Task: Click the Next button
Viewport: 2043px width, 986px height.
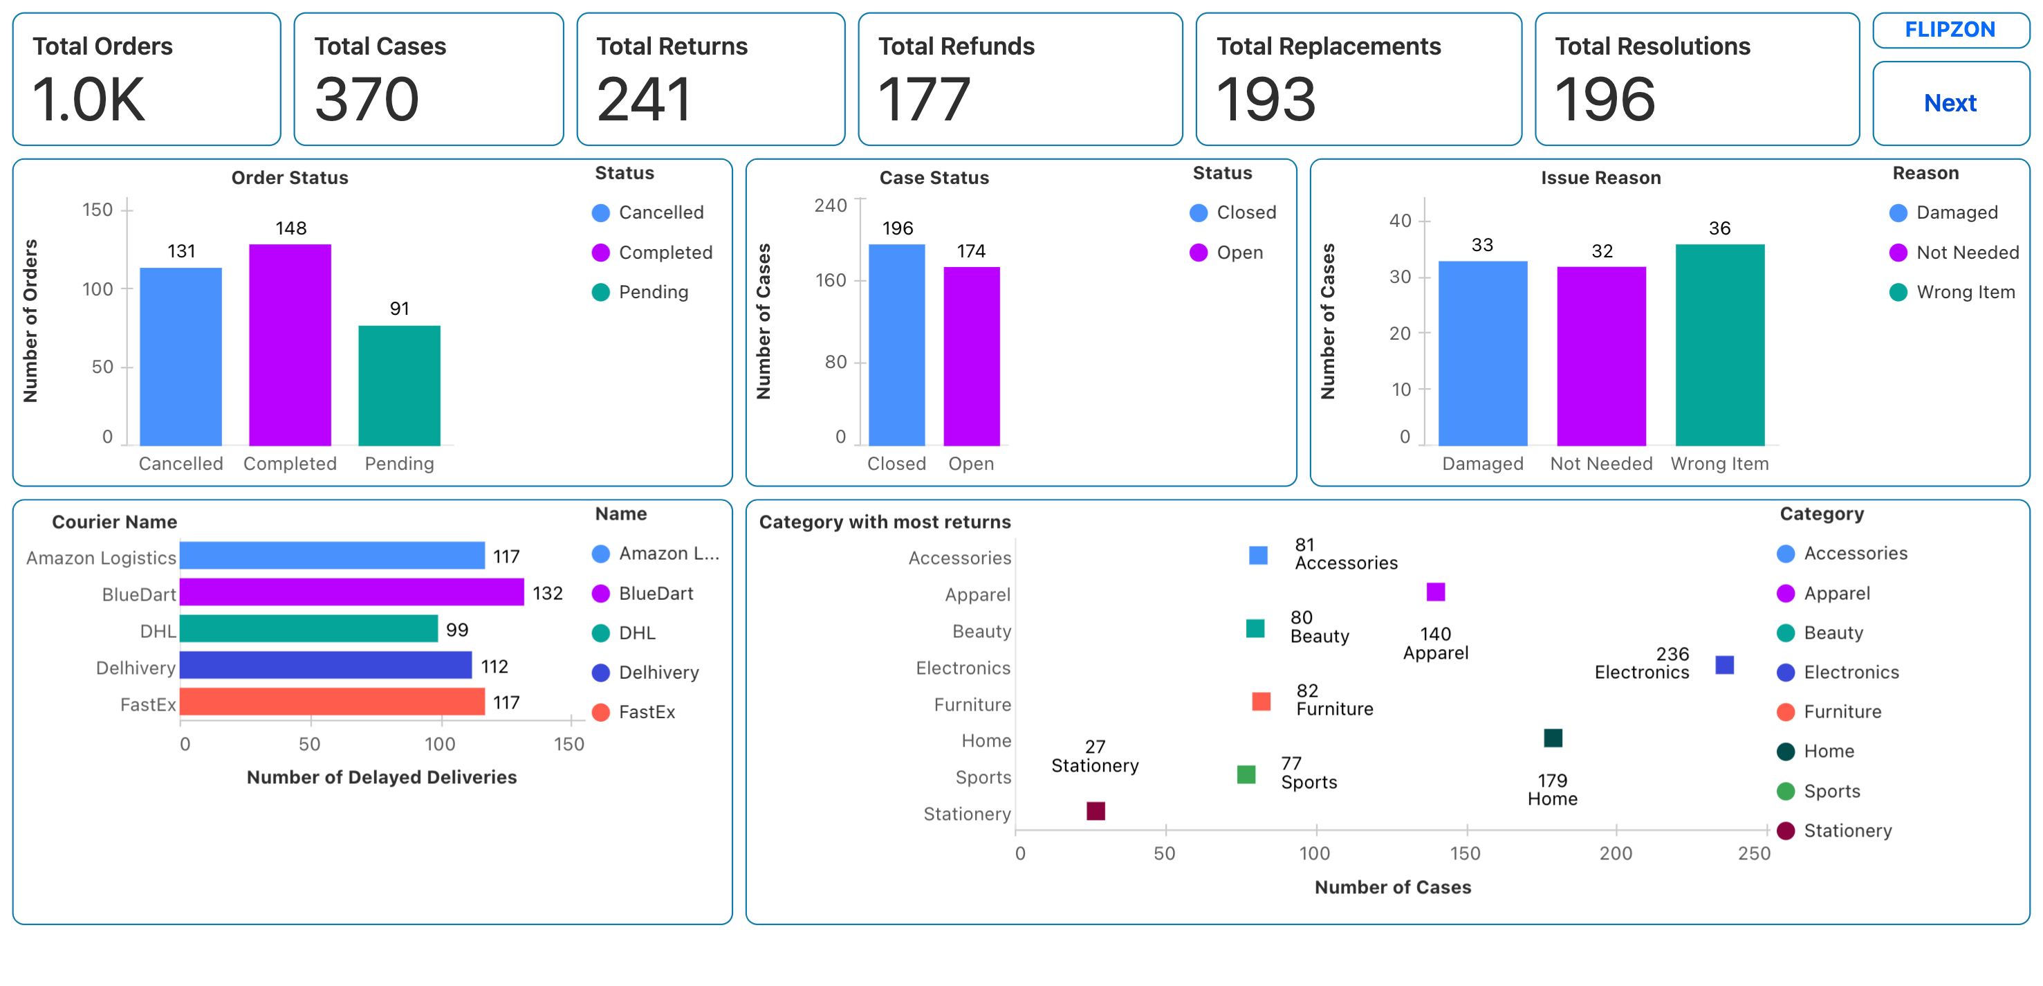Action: click(1950, 103)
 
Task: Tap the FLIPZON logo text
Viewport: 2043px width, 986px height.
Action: click(1950, 30)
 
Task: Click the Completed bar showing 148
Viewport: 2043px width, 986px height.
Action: click(290, 345)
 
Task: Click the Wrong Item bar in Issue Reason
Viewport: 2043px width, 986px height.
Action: click(1719, 345)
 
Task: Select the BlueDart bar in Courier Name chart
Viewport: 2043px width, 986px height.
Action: click(351, 592)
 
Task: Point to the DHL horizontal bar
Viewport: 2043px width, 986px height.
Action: click(308, 629)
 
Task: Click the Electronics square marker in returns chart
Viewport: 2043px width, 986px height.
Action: click(1724, 665)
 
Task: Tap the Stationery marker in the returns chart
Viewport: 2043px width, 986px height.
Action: click(1096, 811)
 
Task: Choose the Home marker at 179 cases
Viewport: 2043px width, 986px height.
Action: click(1553, 738)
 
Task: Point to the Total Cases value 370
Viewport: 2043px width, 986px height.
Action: click(367, 100)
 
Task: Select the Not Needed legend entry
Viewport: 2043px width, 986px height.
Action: click(1967, 253)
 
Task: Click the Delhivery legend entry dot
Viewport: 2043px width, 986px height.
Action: click(600, 673)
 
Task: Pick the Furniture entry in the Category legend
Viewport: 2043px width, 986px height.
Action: click(1842, 711)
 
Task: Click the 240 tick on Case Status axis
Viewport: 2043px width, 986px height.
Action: click(831, 206)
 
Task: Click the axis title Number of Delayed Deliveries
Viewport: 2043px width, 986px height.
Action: click(382, 777)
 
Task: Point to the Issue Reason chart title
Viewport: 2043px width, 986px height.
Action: click(1600, 178)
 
